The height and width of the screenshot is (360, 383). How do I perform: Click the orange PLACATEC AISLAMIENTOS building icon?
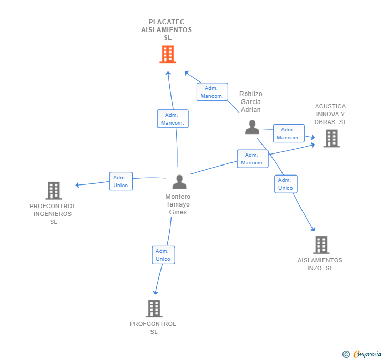(x=167, y=54)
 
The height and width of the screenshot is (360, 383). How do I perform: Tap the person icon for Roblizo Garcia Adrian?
(x=253, y=127)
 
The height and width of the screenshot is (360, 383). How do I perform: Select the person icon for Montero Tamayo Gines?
(x=179, y=182)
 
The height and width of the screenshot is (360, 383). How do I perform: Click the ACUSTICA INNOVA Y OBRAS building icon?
(x=331, y=138)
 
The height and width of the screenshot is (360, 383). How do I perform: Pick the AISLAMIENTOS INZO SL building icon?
(x=321, y=245)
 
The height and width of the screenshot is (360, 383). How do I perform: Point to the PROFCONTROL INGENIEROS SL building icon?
(x=54, y=190)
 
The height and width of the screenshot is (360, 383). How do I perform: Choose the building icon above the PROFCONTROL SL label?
(x=154, y=308)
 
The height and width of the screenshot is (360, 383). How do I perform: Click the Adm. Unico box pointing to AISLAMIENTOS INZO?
(x=286, y=184)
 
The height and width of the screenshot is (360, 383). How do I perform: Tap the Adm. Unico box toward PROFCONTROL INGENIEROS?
(x=120, y=181)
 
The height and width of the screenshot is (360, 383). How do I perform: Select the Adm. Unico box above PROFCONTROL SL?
(x=163, y=255)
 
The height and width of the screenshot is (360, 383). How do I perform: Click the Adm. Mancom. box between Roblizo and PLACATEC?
(x=212, y=92)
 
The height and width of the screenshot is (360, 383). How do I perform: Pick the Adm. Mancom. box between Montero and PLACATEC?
(x=173, y=119)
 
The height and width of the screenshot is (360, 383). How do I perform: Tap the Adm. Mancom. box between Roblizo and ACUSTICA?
(x=288, y=133)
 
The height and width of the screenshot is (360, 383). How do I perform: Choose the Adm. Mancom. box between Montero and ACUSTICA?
(x=253, y=159)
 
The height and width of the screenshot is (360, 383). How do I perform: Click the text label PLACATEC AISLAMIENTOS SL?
(x=167, y=30)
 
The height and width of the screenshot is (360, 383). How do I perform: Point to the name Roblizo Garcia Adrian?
(x=251, y=102)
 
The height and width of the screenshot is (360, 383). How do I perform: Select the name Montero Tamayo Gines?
(x=178, y=204)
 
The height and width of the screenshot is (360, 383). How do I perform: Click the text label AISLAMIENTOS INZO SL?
(x=320, y=264)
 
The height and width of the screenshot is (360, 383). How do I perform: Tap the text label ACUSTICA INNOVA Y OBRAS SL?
(x=330, y=114)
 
